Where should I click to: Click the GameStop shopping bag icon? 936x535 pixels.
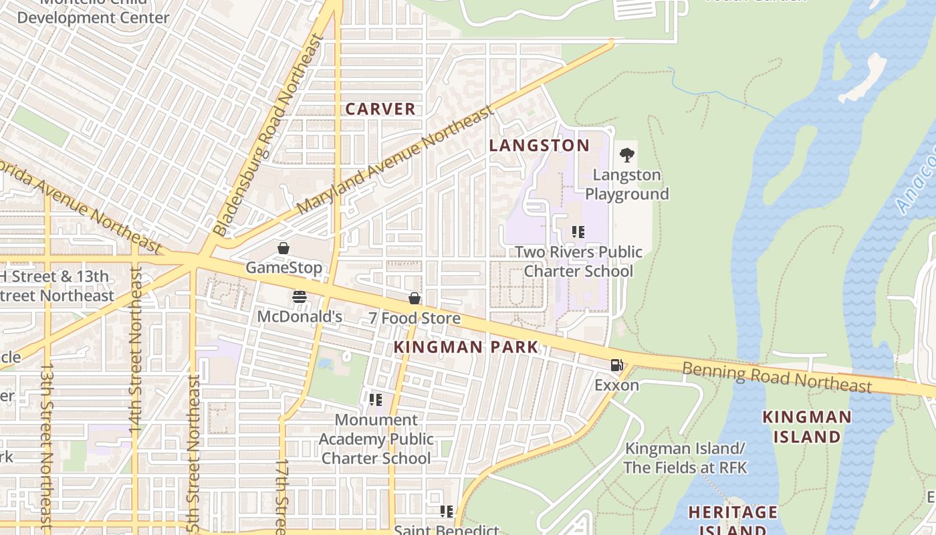(283, 249)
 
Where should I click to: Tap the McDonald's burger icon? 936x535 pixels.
(299, 297)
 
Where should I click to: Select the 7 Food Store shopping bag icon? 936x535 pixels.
(415, 298)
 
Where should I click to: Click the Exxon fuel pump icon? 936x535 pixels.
(616, 365)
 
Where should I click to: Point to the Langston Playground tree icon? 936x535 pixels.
(626, 155)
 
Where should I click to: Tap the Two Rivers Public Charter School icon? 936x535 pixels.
(578, 232)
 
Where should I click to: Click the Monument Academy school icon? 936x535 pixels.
(376, 400)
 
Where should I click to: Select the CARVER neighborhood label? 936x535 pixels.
(380, 109)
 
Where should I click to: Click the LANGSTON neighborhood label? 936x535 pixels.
(540, 145)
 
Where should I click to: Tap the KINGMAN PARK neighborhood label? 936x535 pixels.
(466, 347)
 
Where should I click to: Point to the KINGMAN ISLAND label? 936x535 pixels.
(808, 427)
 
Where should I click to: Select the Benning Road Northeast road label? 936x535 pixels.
(776, 376)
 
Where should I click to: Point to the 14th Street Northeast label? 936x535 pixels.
(136, 348)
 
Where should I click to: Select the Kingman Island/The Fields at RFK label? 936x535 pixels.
(685, 457)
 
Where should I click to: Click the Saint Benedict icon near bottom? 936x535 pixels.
(447, 512)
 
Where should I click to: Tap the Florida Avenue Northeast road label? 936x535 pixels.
(80, 207)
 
